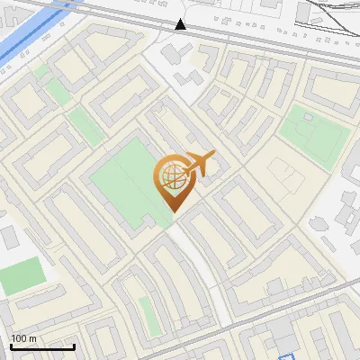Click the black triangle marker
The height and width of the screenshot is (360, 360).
click(181, 24)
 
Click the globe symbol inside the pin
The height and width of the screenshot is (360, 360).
click(172, 177)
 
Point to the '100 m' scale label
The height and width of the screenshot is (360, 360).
click(24, 338)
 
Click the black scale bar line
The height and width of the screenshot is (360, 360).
click(42, 346)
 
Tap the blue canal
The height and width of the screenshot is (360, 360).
click(27, 36)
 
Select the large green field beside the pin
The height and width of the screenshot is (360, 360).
click(126, 180)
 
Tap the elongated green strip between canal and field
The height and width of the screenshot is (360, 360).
click(86, 127)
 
